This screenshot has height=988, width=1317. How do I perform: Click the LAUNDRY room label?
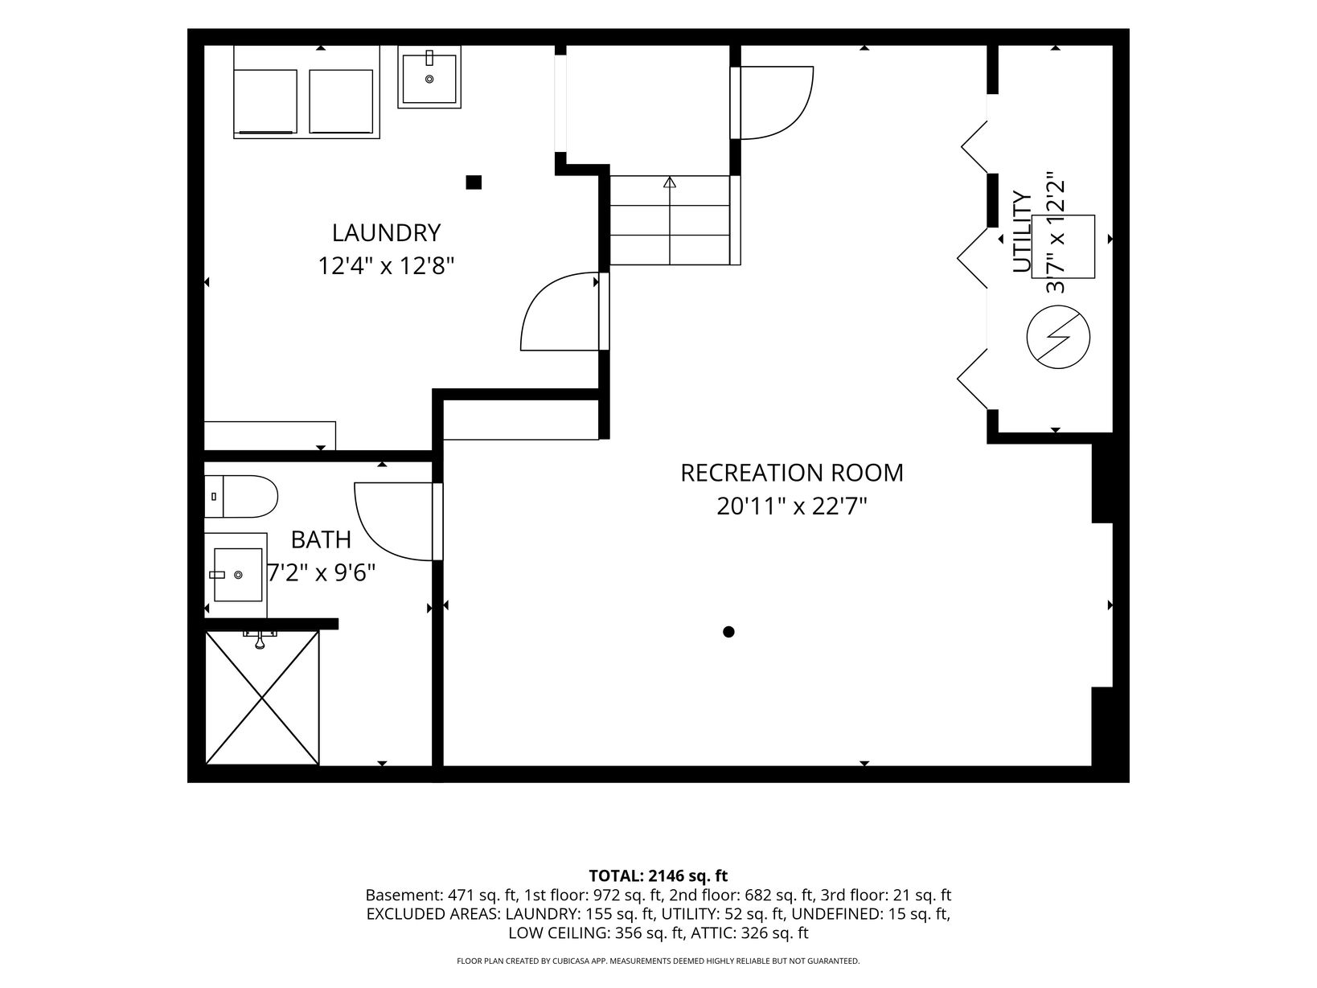[386, 233]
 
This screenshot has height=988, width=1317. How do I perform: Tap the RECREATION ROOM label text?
[791, 474]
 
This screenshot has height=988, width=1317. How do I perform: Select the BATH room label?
[321, 540]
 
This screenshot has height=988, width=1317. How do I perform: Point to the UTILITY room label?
[1021, 232]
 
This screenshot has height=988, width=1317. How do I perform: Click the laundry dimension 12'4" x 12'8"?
[386, 266]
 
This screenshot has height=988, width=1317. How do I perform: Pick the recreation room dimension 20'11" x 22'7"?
[792, 507]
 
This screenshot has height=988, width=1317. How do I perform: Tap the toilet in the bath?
[240, 497]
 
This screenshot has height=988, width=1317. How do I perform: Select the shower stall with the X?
[262, 697]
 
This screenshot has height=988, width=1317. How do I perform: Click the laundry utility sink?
[429, 78]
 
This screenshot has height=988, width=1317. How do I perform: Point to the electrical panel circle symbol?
[1058, 337]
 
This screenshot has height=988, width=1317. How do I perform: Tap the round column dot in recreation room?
[728, 632]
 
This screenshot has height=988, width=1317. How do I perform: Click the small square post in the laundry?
[474, 182]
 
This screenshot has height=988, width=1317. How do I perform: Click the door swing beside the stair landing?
[801, 113]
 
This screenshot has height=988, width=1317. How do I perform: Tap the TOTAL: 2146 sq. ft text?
[658, 876]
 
